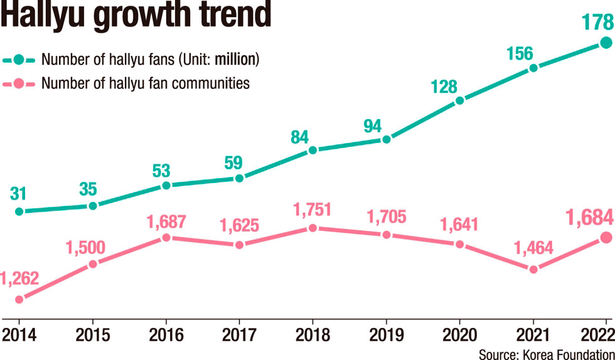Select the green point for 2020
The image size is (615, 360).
(x=460, y=100)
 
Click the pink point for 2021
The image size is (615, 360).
(x=533, y=269)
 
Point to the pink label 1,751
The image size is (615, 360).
(x=312, y=209)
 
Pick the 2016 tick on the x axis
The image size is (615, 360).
(x=166, y=334)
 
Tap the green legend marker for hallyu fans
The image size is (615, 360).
(x=19, y=61)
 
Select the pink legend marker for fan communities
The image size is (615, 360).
(x=19, y=83)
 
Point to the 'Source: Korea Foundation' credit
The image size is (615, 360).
(x=545, y=352)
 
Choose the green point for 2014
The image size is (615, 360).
(x=19, y=212)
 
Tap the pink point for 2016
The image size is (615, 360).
(x=166, y=238)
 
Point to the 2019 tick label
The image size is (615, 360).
(x=386, y=334)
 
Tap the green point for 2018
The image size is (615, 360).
(x=313, y=150)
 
